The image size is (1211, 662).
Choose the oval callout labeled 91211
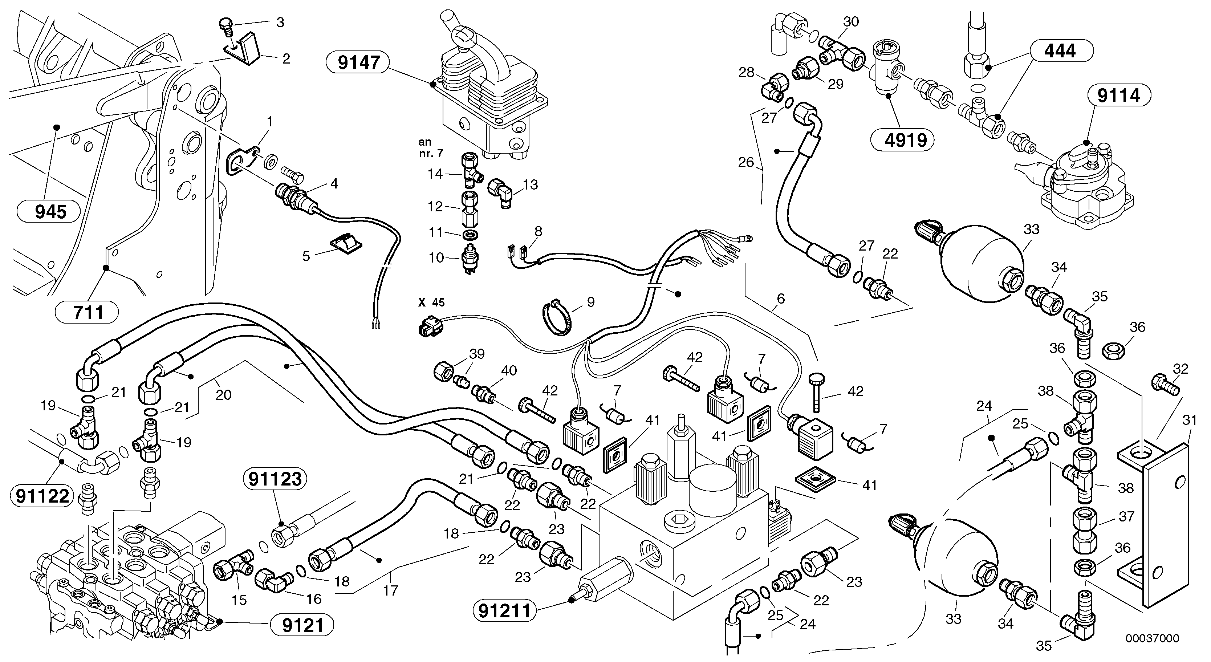[x=504, y=611]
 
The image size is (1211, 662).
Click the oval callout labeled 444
[x=1061, y=51]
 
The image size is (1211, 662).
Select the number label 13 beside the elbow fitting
[x=530, y=185]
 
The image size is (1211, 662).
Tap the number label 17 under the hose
[x=390, y=590]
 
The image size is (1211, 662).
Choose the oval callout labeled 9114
[x=1119, y=96]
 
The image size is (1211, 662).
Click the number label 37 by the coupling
[x=1126, y=517]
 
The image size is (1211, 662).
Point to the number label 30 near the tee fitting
[x=850, y=22]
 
